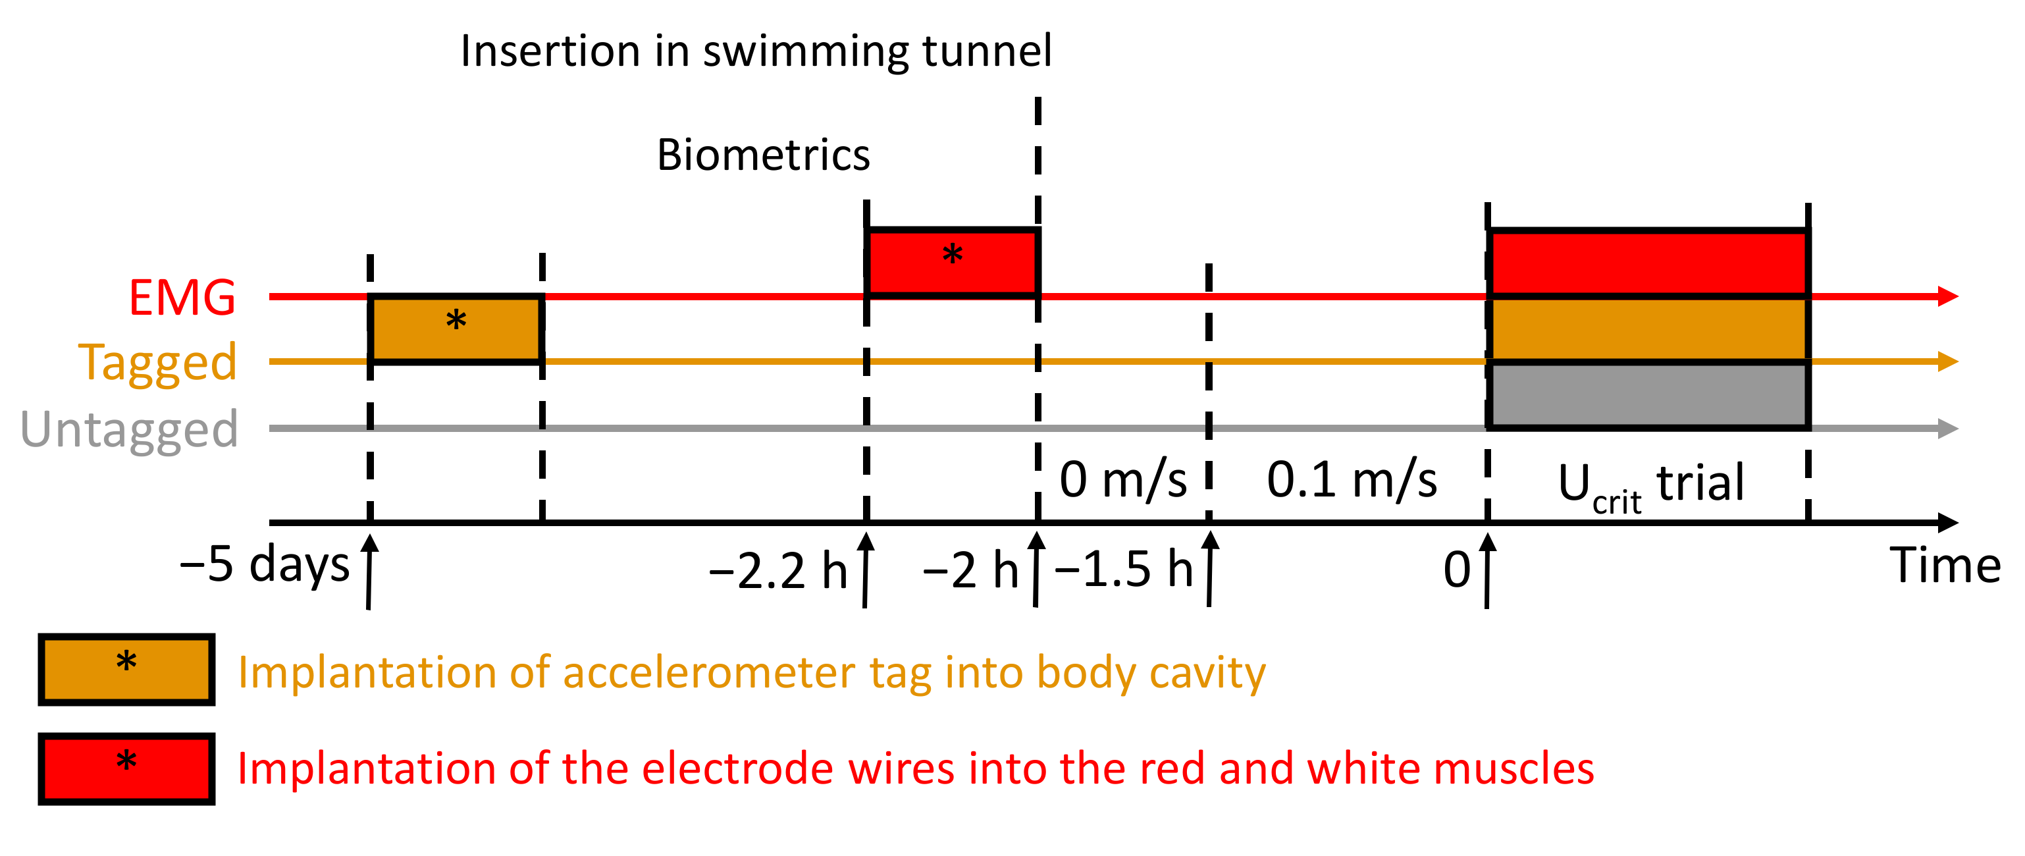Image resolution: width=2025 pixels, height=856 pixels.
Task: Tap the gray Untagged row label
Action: click(x=129, y=429)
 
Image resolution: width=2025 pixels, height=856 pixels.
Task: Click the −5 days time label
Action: click(x=264, y=564)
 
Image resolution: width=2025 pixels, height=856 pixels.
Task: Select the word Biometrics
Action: click(x=763, y=155)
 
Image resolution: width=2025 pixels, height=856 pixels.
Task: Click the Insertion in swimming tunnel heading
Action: click(x=756, y=51)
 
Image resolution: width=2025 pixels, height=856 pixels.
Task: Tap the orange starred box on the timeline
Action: click(x=456, y=329)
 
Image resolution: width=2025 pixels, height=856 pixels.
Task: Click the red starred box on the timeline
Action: click(x=952, y=262)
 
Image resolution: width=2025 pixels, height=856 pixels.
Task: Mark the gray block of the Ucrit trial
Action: click(x=1648, y=394)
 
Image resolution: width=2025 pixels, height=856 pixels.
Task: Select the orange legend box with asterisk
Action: click(x=126, y=670)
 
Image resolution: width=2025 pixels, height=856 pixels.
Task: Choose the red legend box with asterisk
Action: click(x=126, y=768)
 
